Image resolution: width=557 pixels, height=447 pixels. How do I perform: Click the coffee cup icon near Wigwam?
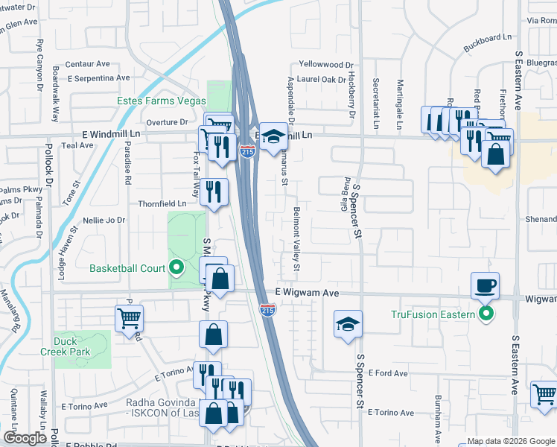485,285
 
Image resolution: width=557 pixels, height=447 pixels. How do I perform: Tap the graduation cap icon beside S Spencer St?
348,324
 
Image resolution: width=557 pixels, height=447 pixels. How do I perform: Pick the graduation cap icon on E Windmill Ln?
273,136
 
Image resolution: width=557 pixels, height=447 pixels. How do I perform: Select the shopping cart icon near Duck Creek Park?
130,318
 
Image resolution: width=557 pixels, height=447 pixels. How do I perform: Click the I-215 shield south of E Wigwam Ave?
268,309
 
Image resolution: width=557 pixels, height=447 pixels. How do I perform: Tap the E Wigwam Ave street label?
307,294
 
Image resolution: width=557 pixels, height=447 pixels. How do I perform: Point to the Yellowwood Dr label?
326,66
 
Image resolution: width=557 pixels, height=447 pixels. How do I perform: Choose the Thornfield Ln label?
162,203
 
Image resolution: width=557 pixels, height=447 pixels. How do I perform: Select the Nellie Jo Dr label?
104,221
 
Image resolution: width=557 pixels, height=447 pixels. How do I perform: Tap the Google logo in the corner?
25,438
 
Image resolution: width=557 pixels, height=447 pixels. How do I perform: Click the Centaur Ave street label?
87,64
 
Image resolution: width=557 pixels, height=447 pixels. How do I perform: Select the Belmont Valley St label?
297,238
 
